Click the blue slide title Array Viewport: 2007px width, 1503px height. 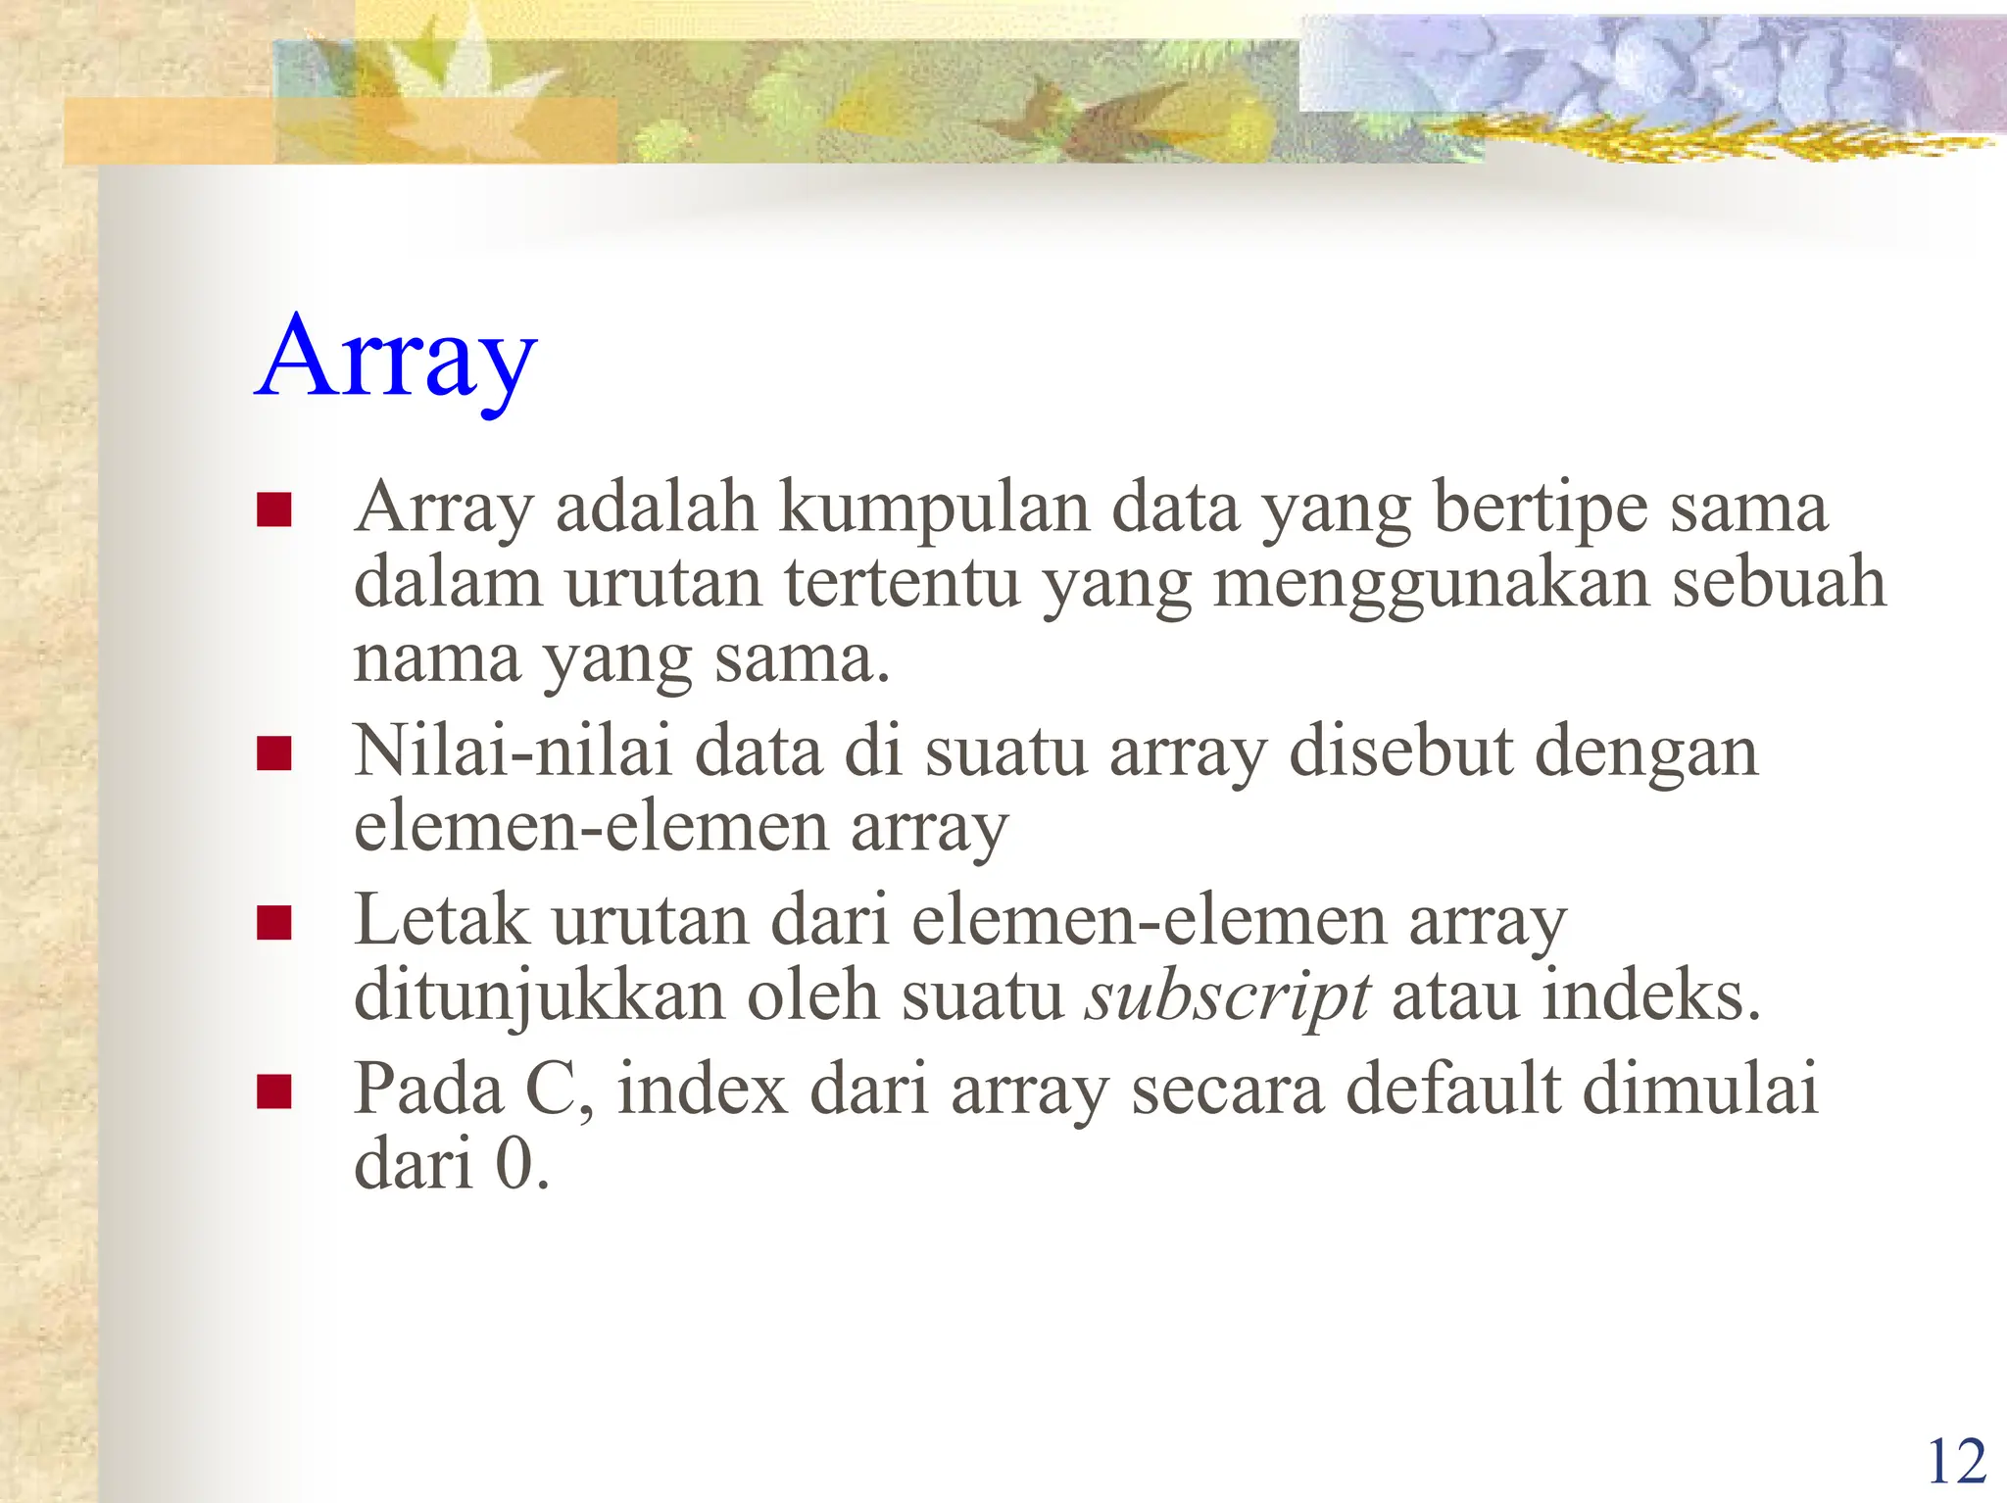coord(396,359)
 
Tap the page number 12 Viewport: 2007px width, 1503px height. coord(1956,1463)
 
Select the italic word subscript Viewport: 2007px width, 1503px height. coord(1227,997)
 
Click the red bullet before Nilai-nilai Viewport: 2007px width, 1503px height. coord(273,754)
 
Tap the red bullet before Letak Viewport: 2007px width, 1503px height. coord(273,923)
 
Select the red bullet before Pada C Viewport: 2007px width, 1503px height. coord(273,1091)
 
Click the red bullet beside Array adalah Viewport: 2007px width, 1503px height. coord(273,509)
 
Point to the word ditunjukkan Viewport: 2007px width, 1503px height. coord(539,997)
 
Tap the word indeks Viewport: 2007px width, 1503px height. coord(1651,997)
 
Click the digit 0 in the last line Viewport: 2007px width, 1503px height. coord(514,1166)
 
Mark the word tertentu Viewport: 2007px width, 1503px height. coord(902,584)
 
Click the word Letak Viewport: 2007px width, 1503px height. coord(441,921)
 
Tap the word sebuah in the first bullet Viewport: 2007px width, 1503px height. coord(1778,584)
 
